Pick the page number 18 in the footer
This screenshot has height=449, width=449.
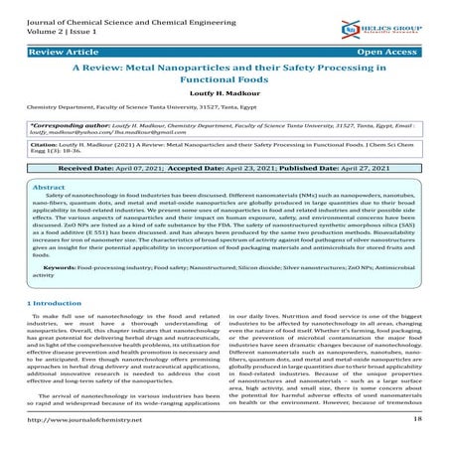click(416, 421)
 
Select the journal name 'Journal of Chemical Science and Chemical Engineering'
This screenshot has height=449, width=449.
click(135, 10)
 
